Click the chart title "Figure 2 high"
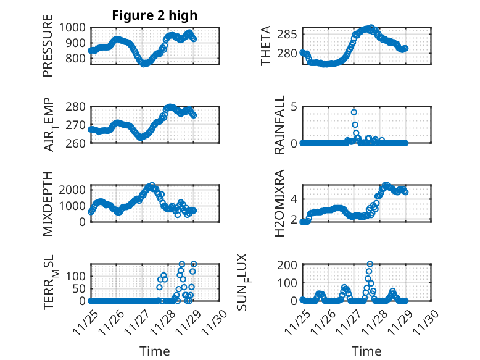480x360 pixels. click(x=155, y=15)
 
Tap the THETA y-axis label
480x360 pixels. click(x=266, y=47)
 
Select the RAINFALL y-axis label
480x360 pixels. click(x=279, y=125)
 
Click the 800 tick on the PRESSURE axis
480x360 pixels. click(x=77, y=59)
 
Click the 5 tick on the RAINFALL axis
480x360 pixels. click(x=295, y=106)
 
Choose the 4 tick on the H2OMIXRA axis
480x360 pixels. click(x=295, y=199)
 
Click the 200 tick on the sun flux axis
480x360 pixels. click(x=290, y=264)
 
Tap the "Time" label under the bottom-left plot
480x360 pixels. click(x=155, y=351)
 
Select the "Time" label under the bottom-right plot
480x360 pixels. click(x=366, y=351)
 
